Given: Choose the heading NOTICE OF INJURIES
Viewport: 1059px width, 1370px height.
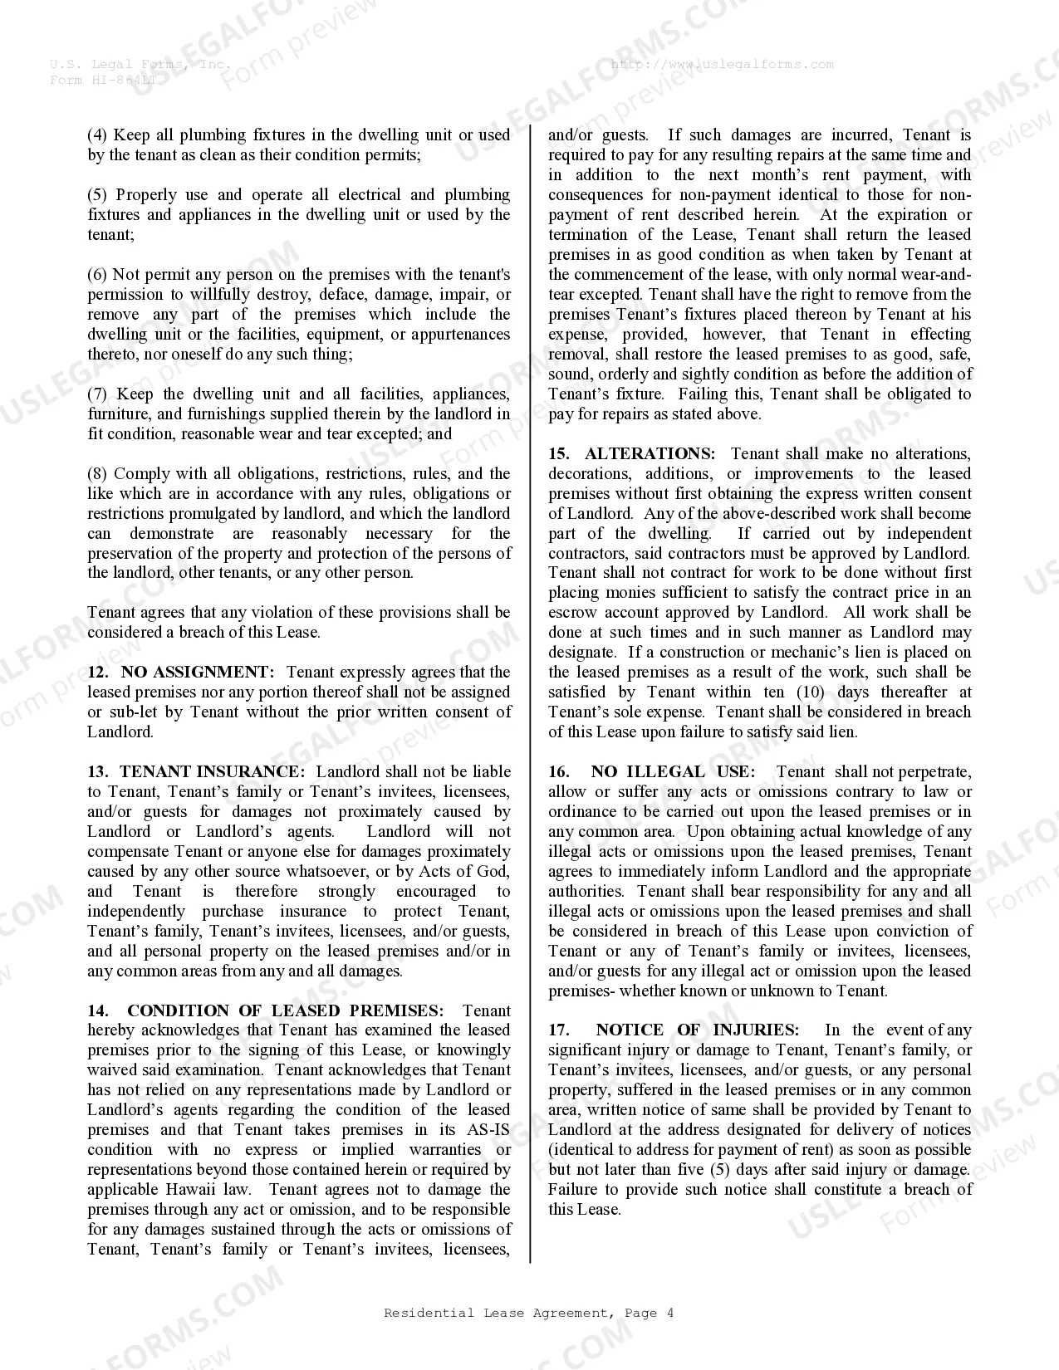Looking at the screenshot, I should (x=697, y=1030).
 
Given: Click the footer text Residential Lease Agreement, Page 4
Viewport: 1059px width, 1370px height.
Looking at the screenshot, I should (x=528, y=1313).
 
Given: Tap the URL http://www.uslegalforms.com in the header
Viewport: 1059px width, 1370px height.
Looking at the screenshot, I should (x=722, y=64).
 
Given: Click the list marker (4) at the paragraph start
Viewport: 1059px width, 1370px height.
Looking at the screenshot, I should (x=97, y=135).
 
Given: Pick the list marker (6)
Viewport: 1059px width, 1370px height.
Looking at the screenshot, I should (x=97, y=274).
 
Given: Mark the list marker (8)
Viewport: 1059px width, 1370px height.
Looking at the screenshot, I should (x=97, y=473).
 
